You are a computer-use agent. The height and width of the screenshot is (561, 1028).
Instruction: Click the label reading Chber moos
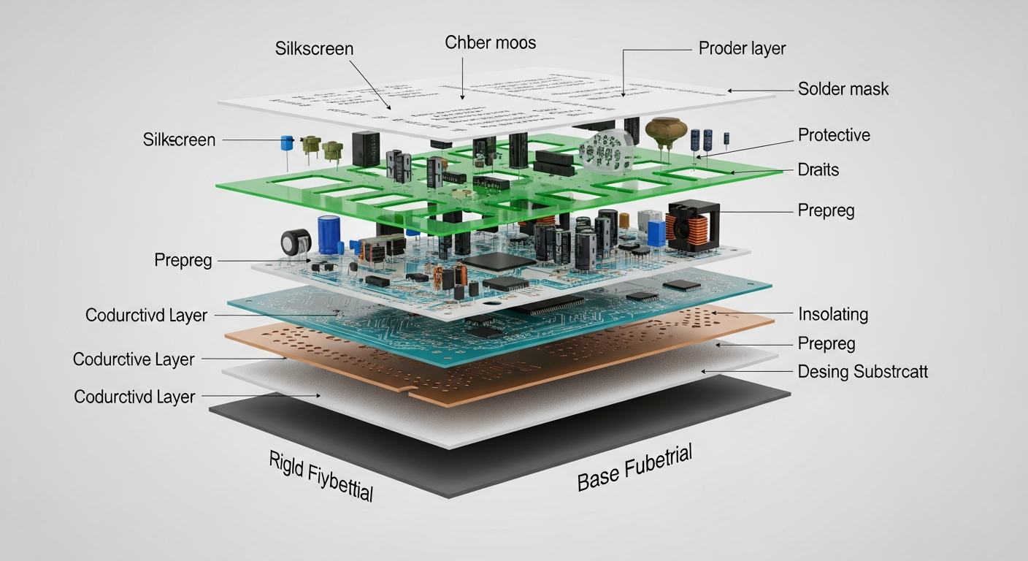click(x=490, y=43)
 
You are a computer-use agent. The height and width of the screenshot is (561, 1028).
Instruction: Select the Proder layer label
click(x=742, y=49)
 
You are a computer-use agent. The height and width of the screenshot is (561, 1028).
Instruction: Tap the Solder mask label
click(x=843, y=89)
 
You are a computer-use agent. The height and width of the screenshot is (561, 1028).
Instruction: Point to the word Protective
click(x=834, y=135)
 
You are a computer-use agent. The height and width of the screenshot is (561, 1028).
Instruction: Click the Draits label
click(x=818, y=170)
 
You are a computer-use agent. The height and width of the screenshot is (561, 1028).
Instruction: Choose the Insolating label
click(x=833, y=315)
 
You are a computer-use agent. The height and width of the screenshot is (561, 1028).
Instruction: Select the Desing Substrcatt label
click(x=862, y=372)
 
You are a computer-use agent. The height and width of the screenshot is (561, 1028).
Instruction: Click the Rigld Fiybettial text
click(x=321, y=476)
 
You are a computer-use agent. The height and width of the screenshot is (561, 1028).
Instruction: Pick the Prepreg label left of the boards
click(x=183, y=260)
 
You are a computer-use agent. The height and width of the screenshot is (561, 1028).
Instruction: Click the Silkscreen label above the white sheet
click(x=314, y=50)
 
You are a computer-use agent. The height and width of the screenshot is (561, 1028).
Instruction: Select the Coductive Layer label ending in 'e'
click(x=134, y=359)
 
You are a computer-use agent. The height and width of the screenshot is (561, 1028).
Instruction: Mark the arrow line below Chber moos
click(x=463, y=77)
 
